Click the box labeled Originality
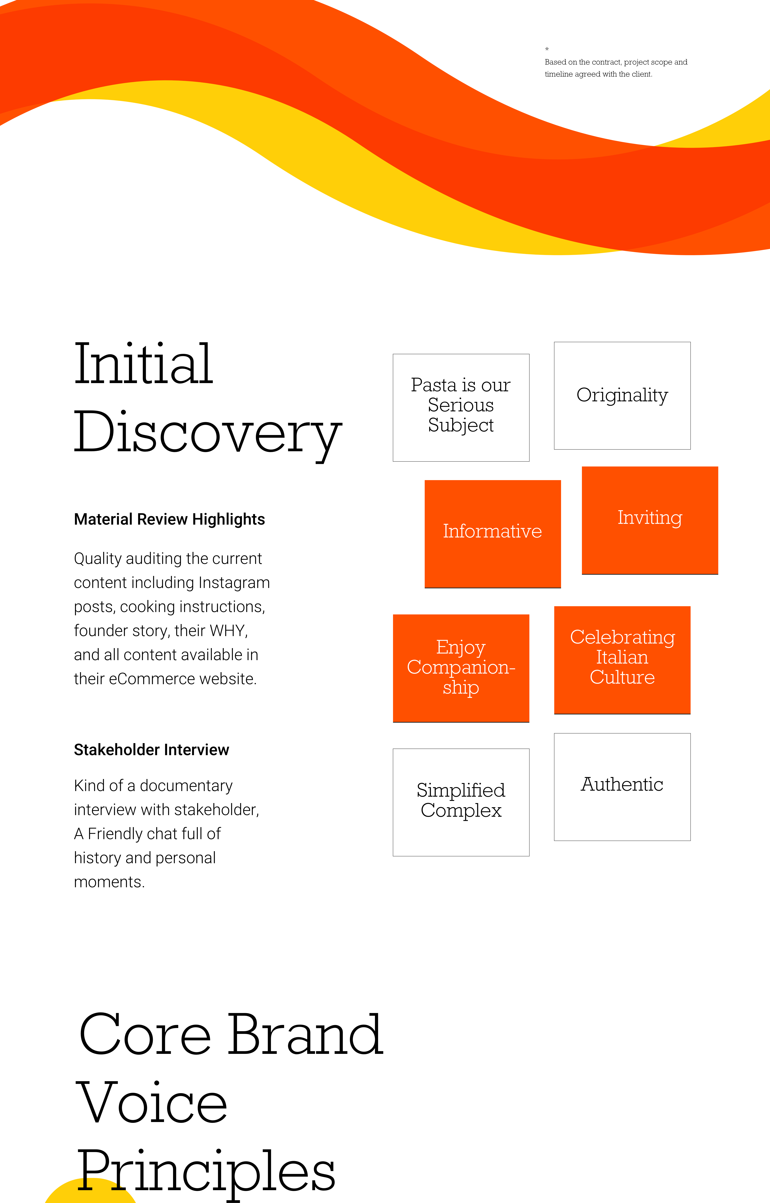click(x=622, y=395)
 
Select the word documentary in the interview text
click(x=186, y=786)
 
